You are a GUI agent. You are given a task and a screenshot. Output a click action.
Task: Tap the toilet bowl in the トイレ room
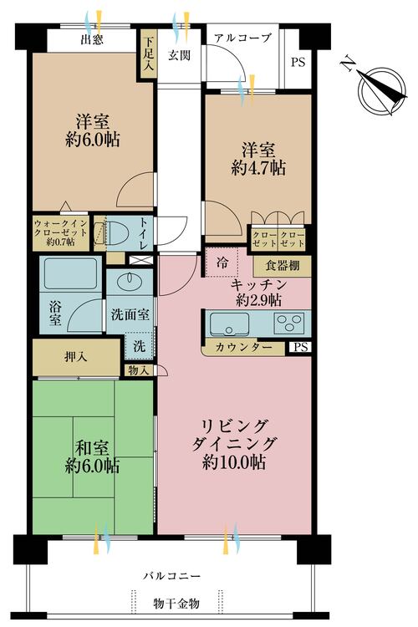pyautogui.click(x=117, y=233)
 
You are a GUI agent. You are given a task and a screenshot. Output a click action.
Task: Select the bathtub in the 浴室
pyautogui.click(x=70, y=273)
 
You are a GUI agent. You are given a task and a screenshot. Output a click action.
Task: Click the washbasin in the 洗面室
pyautogui.click(x=130, y=281)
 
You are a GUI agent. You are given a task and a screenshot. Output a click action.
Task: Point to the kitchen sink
pyautogui.click(x=229, y=324)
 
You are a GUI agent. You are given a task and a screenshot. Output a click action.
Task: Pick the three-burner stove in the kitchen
pyautogui.click(x=288, y=324)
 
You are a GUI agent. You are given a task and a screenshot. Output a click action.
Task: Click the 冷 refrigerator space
pyautogui.click(x=222, y=263)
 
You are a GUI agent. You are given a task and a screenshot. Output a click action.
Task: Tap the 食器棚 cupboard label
pyautogui.click(x=282, y=266)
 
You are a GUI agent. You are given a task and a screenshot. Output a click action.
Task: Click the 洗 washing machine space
pyautogui.click(x=140, y=345)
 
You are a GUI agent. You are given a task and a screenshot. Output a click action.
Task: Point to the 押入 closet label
pyautogui.click(x=75, y=357)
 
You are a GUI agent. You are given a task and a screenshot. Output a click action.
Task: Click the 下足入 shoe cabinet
pyautogui.click(x=148, y=54)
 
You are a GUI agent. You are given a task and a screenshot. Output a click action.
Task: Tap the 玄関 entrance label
pyautogui.click(x=179, y=55)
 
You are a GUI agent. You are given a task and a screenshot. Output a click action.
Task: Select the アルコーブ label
pyautogui.click(x=242, y=38)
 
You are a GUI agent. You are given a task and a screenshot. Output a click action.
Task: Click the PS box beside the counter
pyautogui.click(x=301, y=347)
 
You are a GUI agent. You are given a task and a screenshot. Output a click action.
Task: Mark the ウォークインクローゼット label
pyautogui.click(x=60, y=232)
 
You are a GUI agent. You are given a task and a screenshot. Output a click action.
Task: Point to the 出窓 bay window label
pyautogui.click(x=92, y=39)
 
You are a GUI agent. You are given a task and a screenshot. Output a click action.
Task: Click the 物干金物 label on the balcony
pyautogui.click(x=176, y=604)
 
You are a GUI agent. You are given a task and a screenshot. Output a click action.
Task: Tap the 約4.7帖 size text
pyautogui.click(x=258, y=168)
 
